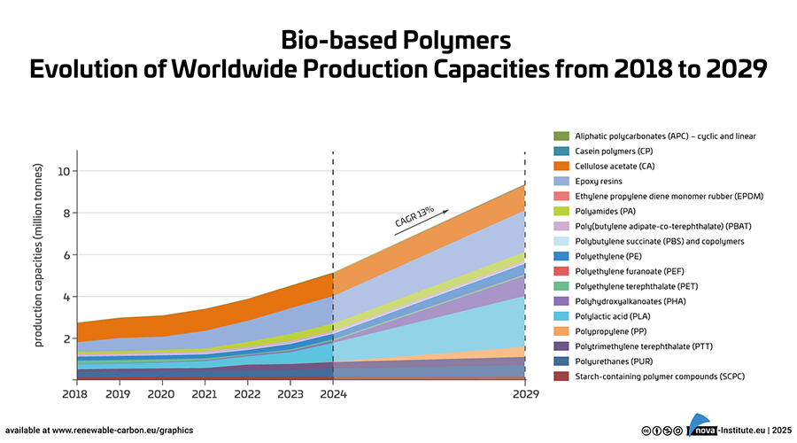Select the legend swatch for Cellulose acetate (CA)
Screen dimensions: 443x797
coord(561,166)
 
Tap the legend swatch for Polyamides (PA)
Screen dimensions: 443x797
coord(561,211)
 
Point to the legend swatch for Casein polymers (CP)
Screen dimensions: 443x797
coord(561,151)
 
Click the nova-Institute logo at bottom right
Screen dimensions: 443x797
coord(712,428)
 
